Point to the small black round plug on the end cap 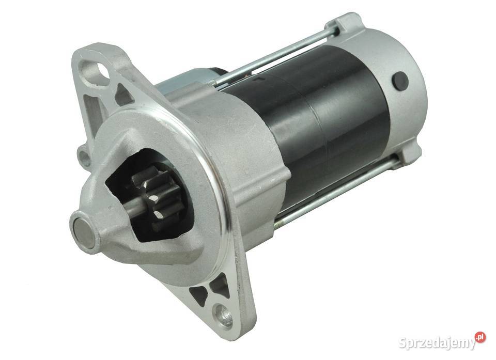coord(400,81)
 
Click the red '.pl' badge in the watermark coord(480,337)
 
